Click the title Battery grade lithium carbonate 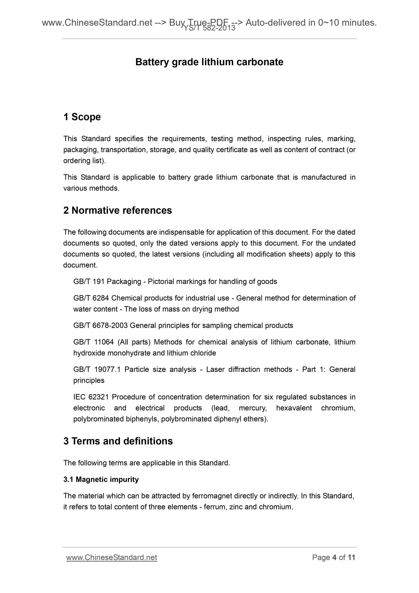(x=209, y=62)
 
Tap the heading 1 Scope (x=82, y=117)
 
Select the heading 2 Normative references (x=118, y=210)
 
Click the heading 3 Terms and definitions (x=118, y=441)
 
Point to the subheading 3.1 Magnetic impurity (x=101, y=479)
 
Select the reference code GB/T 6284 (x=91, y=298)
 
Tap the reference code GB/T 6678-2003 (x=100, y=325)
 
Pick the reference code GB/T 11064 (x=93, y=342)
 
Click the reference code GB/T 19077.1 (x=97, y=369)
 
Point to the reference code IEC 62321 (x=91, y=397)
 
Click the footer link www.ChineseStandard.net (x=112, y=558)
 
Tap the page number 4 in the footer (x=334, y=558)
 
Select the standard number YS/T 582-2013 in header (x=209, y=28)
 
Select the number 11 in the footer (x=351, y=558)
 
